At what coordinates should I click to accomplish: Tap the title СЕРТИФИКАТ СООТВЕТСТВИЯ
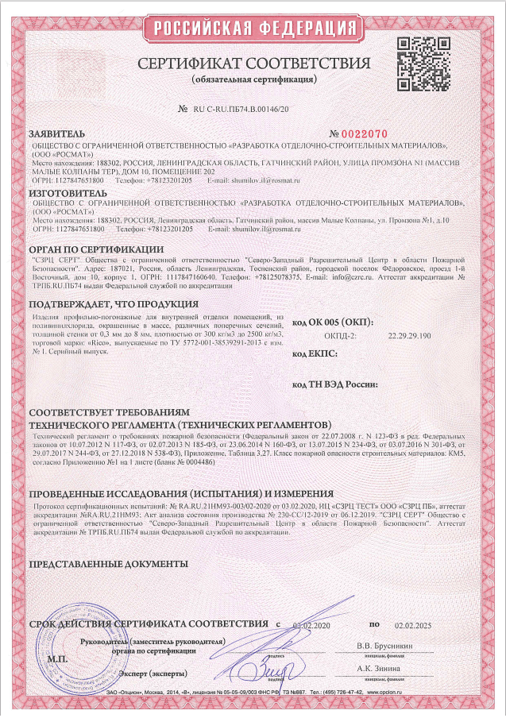pos(253,64)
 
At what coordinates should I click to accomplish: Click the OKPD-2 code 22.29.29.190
pos(409,336)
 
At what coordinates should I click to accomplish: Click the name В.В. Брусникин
pos(384,646)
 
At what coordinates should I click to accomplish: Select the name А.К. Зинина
pos(378,670)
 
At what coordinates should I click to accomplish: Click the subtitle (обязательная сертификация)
pos(253,80)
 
